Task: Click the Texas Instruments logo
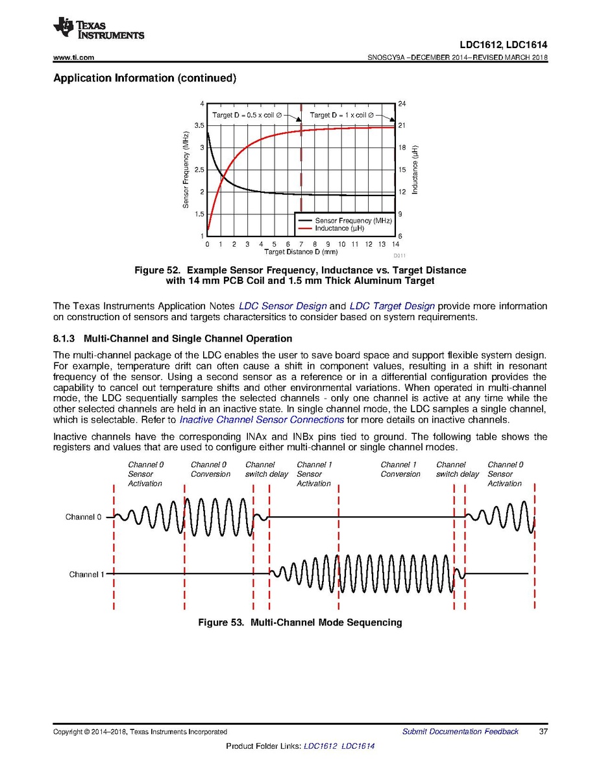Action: [99, 28]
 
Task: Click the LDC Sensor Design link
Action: [282, 306]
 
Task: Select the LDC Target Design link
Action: [392, 306]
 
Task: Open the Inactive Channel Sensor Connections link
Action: [262, 420]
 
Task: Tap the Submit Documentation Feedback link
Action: [460, 732]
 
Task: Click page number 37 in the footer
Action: [543, 732]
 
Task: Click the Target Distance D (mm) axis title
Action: [300, 251]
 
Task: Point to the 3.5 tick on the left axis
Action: [199, 125]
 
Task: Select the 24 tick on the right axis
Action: [401, 104]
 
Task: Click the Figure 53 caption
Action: [300, 623]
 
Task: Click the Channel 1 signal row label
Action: [86, 575]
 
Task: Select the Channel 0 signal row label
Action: [84, 518]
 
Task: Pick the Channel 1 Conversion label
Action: [400, 470]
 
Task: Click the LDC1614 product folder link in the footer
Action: [358, 746]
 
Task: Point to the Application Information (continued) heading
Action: [143, 79]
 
